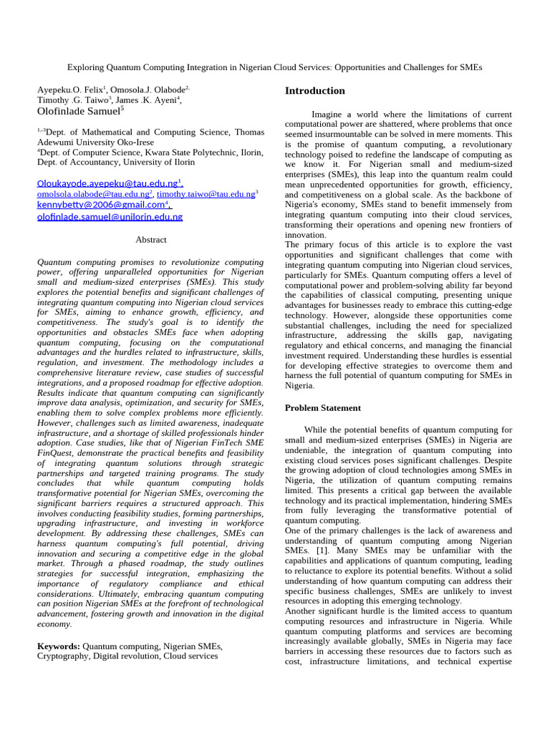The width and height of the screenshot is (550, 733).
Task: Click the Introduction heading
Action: pos(314,91)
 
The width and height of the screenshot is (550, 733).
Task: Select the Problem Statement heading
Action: pos(323,408)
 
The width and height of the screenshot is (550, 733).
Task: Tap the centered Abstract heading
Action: pos(150,240)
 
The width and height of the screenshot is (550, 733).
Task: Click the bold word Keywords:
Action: pos(59,646)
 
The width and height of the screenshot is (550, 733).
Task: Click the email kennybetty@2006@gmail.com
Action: pos(100,205)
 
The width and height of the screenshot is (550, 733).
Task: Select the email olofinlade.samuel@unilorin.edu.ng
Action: pos(110,217)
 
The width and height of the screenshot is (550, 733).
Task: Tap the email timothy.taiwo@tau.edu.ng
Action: pos(206,194)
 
